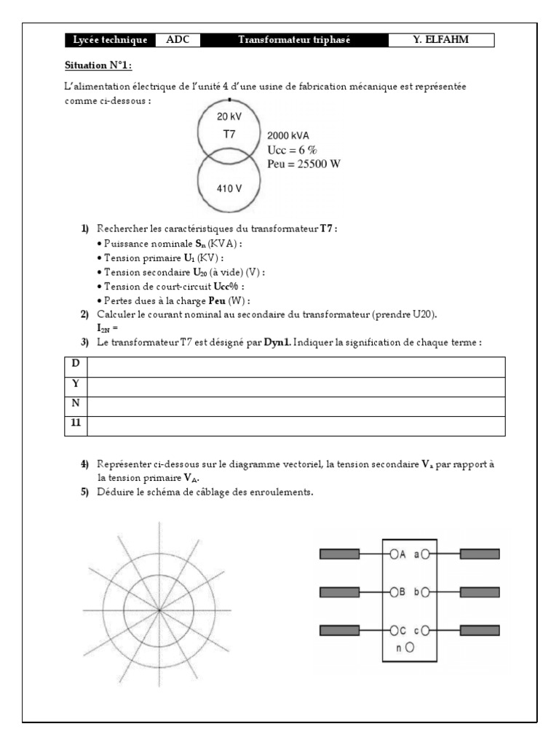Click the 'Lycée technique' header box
pos(110,40)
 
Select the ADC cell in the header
pos(178,40)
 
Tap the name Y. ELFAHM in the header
pos(441,40)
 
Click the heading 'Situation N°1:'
pos(98,65)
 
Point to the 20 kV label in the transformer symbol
pos(229,116)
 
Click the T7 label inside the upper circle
pos(229,135)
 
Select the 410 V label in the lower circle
pos(229,188)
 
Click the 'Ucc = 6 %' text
pos(292,149)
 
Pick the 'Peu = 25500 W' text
pos(304,164)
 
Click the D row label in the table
pos(76,364)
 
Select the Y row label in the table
pos(76,383)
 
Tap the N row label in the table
pos(76,403)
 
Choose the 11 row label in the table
pos(76,423)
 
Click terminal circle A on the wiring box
pos(393,554)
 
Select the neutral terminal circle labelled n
pos(410,646)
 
